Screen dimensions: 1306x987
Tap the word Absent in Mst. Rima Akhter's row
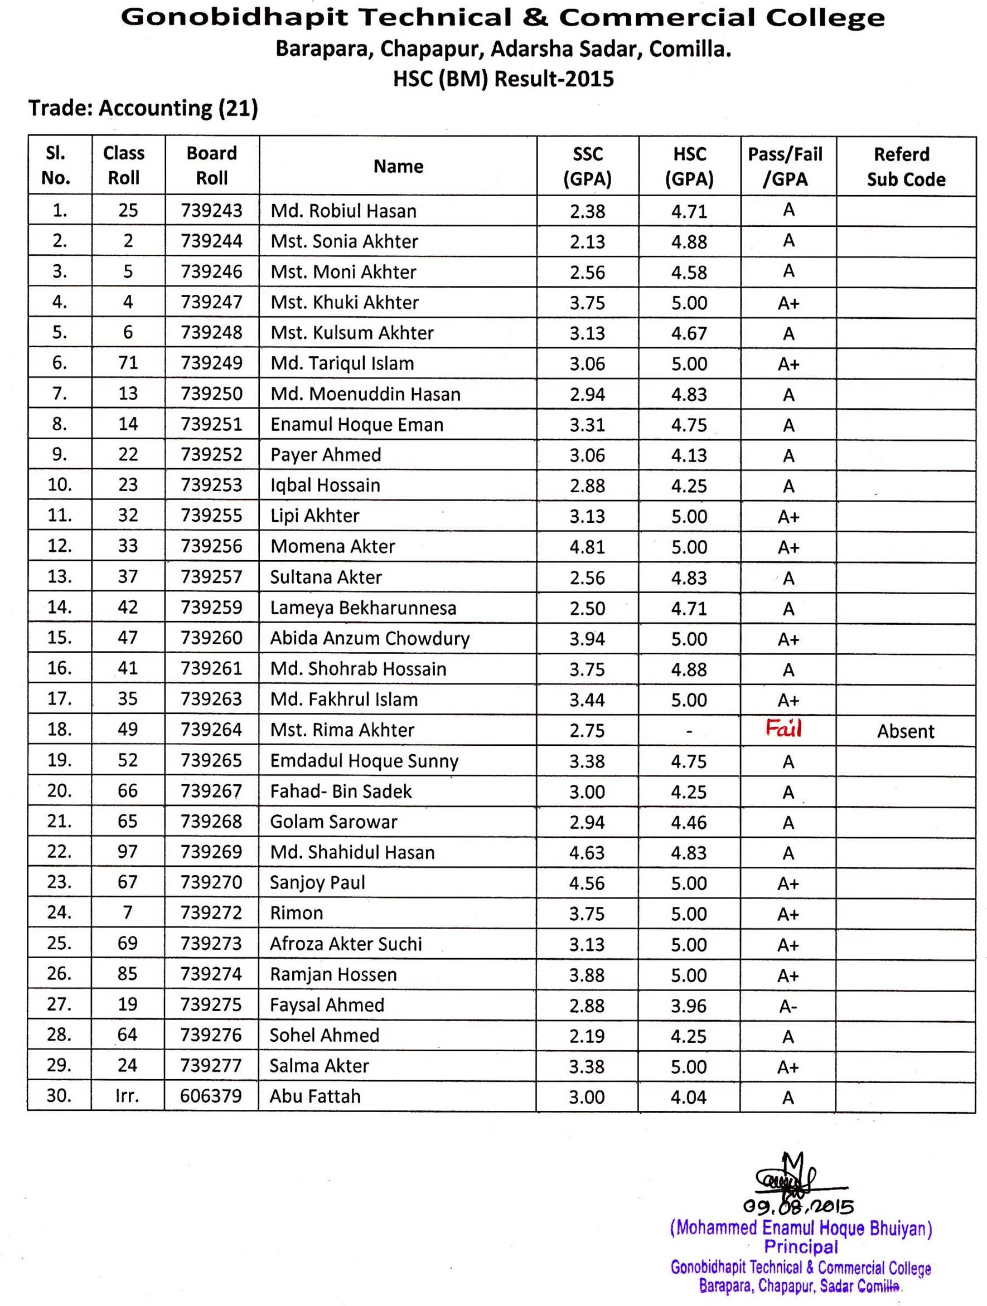pyautogui.click(x=905, y=731)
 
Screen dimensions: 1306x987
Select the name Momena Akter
pyautogui.click(x=332, y=547)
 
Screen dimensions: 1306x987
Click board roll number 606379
pyautogui.click(x=211, y=1096)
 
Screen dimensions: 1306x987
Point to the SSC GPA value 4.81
pyautogui.click(x=587, y=547)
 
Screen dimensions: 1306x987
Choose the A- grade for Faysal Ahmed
pyautogui.click(x=788, y=1006)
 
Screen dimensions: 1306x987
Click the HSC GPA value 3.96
pyautogui.click(x=689, y=1006)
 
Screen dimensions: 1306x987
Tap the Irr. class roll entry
pyautogui.click(x=128, y=1096)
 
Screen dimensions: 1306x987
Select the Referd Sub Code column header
pyautogui.click(x=906, y=167)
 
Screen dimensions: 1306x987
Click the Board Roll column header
pyautogui.click(x=211, y=166)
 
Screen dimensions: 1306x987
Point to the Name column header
pyautogui.click(x=398, y=167)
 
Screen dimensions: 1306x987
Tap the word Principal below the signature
pyautogui.click(x=801, y=1247)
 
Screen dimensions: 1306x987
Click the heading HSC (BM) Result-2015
pyautogui.click(x=503, y=79)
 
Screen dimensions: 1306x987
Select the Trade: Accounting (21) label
pyautogui.click(x=143, y=108)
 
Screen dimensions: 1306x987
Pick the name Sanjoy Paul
pyautogui.click(x=317, y=883)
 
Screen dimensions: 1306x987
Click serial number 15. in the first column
pyautogui.click(x=60, y=638)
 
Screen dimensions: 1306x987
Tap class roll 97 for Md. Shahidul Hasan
pyautogui.click(x=128, y=852)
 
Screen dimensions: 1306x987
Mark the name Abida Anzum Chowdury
pyautogui.click(x=370, y=638)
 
